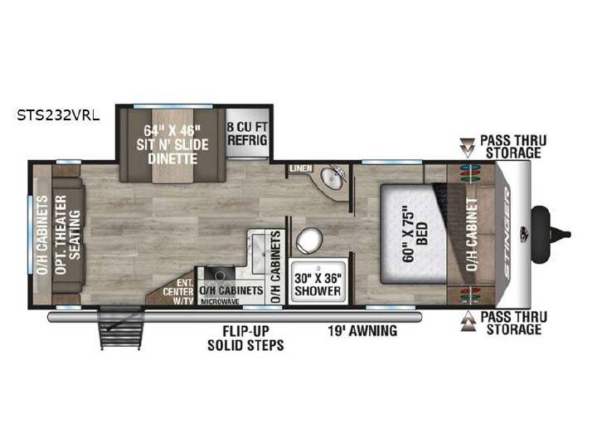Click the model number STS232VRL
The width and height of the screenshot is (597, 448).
point(58,115)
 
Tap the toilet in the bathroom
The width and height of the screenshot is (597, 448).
point(308,241)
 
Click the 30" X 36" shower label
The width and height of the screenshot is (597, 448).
point(318,285)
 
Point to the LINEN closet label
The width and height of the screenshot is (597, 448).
point(301,168)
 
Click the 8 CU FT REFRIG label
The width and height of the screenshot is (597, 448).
point(247,134)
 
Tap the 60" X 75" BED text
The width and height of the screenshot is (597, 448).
point(415,234)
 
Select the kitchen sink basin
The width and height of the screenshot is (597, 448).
point(219,275)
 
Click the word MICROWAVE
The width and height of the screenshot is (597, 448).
point(220,302)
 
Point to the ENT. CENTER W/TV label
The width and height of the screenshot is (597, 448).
point(178,292)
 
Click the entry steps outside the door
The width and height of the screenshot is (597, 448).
point(122,328)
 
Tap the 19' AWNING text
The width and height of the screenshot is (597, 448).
point(363,331)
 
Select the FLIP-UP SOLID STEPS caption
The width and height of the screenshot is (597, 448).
point(245,338)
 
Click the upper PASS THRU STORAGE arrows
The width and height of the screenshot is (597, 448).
point(467,148)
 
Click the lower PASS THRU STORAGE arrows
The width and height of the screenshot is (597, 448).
point(468,322)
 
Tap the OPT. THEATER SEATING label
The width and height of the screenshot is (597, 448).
point(68,235)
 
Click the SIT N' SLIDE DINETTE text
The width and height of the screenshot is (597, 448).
point(172,144)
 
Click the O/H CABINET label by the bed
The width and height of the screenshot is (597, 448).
point(472,234)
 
